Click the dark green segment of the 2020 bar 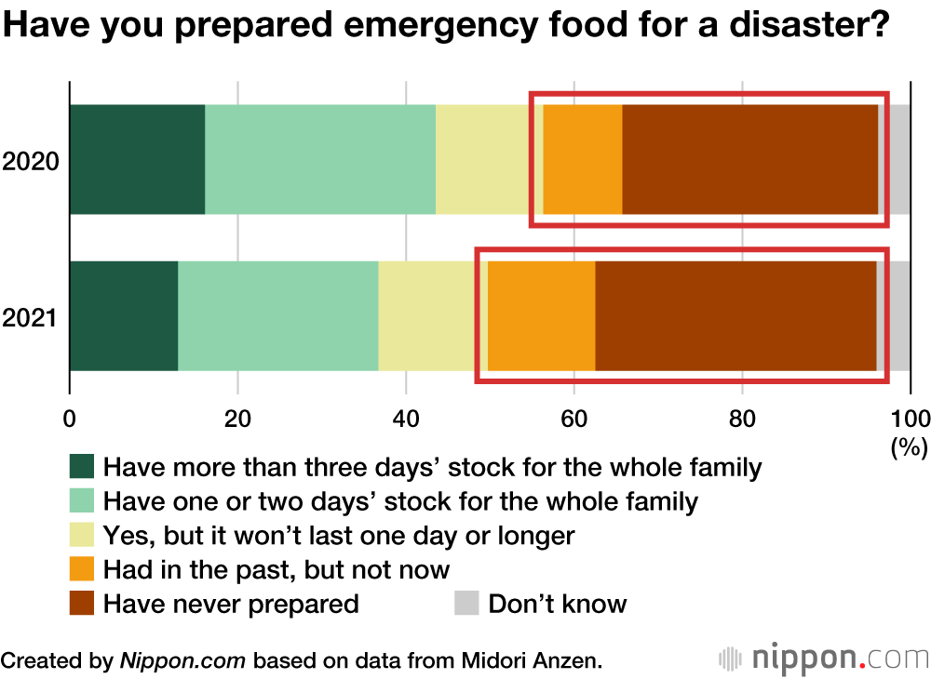click(137, 159)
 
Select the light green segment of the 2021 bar click(277, 316)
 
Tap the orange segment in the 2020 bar click(582, 159)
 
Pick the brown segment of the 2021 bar click(735, 316)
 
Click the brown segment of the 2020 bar click(749, 159)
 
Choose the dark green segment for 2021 click(124, 316)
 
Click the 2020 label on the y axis click(31, 161)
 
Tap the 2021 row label click(31, 318)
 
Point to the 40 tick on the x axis click(406, 418)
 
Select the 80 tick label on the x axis click(742, 418)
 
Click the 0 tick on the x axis click(70, 418)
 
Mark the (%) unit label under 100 click(910, 446)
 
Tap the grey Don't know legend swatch click(466, 604)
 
